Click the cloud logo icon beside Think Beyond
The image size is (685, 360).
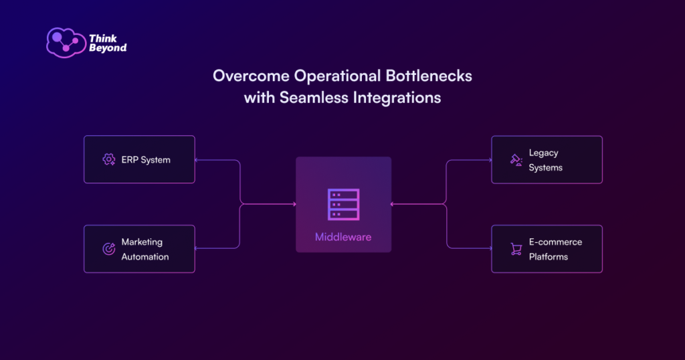click(65, 42)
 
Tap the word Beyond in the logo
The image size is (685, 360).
click(107, 48)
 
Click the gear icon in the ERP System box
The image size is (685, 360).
click(108, 160)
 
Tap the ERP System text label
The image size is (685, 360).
click(146, 160)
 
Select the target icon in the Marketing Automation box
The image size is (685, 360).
click(108, 249)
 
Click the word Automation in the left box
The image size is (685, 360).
click(145, 257)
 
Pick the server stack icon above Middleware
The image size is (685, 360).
click(343, 205)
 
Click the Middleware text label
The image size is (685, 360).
click(343, 237)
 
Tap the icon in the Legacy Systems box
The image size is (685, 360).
click(516, 161)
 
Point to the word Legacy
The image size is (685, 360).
click(543, 153)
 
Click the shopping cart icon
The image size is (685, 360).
click(516, 249)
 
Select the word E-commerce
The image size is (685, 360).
click(555, 242)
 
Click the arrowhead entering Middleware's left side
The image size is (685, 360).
click(294, 204)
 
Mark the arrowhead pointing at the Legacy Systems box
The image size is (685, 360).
click(489, 160)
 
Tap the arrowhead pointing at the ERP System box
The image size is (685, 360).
click(197, 160)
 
